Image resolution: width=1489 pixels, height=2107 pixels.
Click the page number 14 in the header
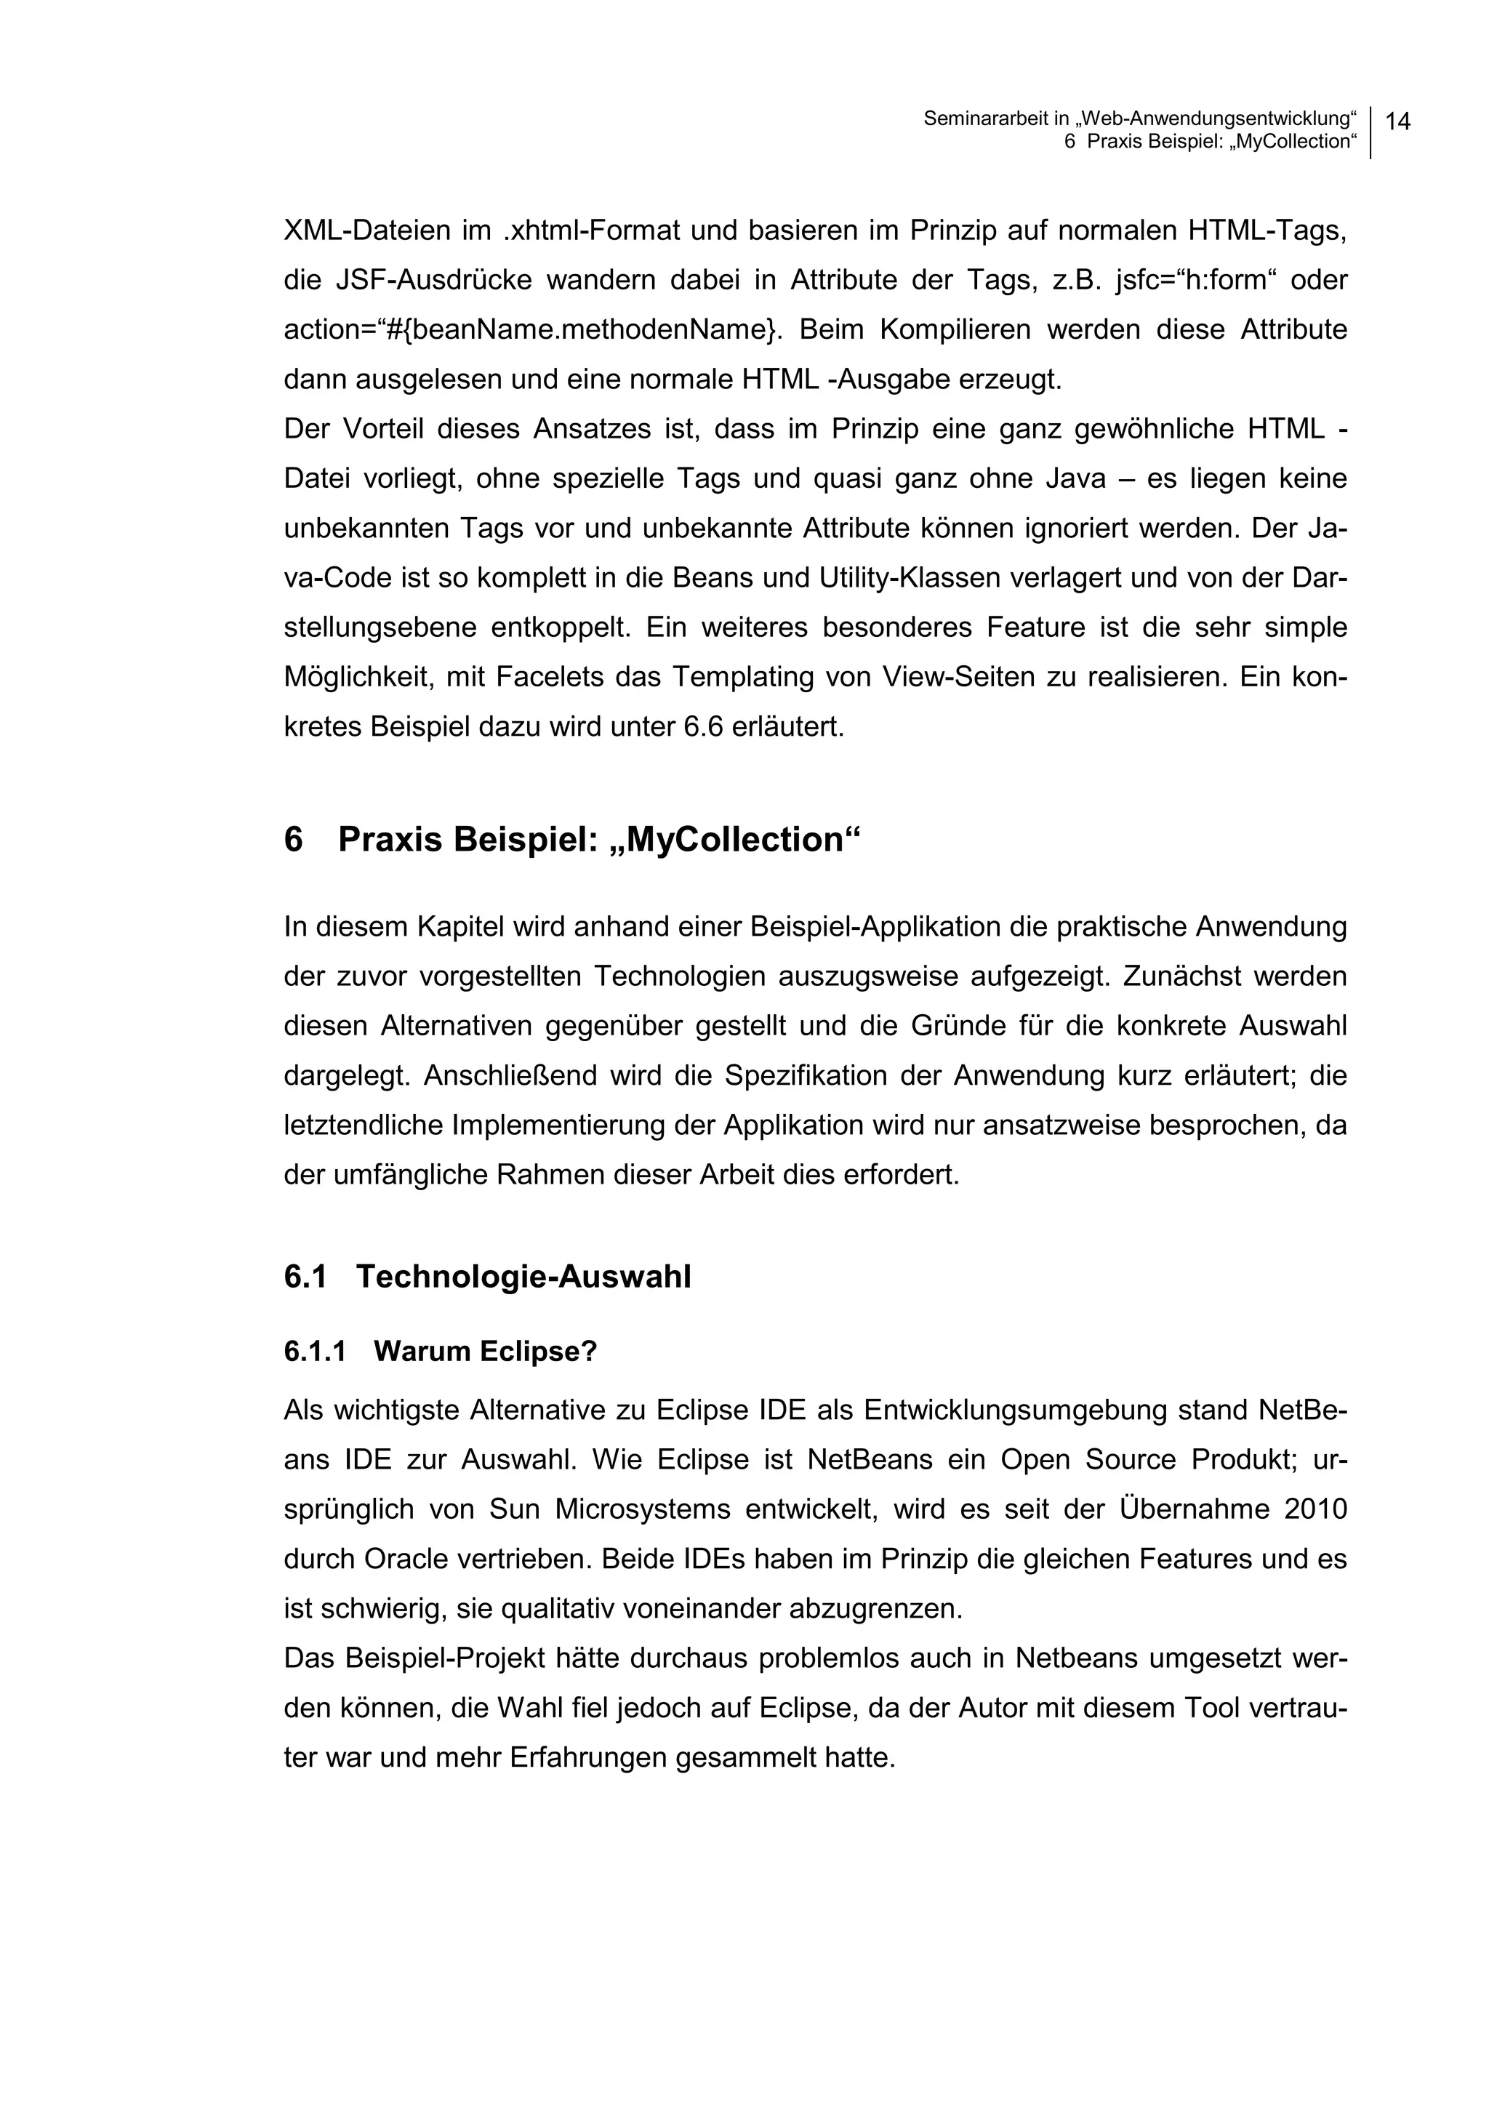tap(1397, 121)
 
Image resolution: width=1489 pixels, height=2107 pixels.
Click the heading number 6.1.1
tap(315, 1352)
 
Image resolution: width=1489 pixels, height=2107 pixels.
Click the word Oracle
tap(404, 1559)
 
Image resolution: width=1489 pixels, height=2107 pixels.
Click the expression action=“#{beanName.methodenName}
tap(532, 329)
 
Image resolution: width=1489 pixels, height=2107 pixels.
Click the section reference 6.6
tap(704, 728)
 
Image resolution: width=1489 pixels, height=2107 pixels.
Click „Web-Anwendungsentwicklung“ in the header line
tap(1216, 119)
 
